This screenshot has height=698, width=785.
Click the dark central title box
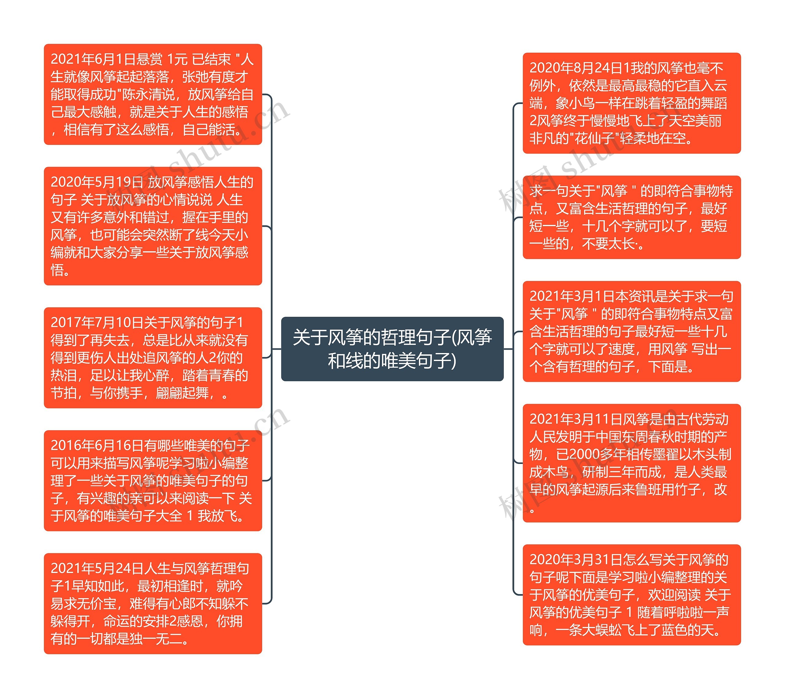(392, 348)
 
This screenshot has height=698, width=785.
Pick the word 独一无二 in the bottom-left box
(156, 639)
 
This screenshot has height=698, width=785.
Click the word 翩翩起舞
(182, 393)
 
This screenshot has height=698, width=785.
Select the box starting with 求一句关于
(631, 217)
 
